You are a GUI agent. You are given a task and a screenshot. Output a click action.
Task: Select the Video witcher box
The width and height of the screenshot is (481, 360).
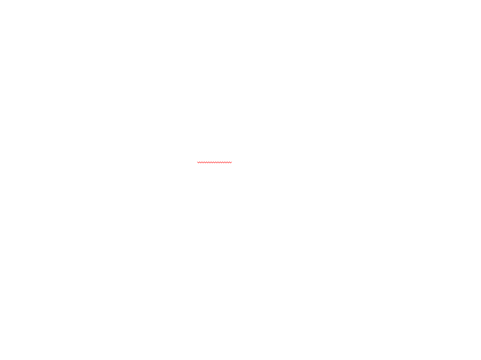(x=200, y=157)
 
